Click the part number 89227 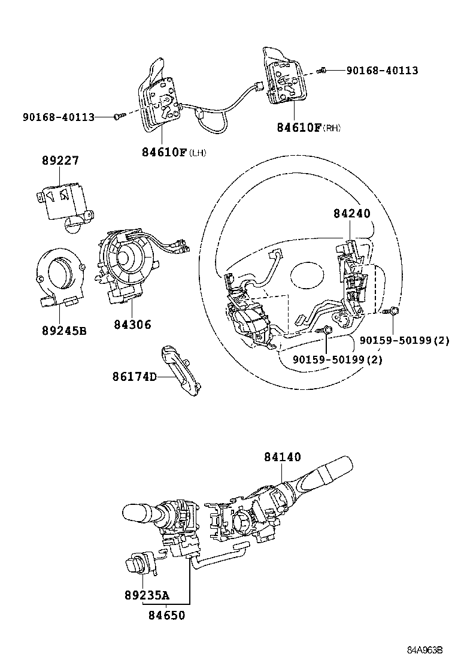point(60,161)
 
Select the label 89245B point(63,329)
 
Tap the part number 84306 point(132,325)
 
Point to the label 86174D point(134,377)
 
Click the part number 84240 point(351,213)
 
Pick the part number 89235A point(147,595)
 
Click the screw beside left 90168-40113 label point(118,117)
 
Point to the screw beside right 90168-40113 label point(322,71)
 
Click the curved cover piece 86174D point(180,371)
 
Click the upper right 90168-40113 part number point(382,71)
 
